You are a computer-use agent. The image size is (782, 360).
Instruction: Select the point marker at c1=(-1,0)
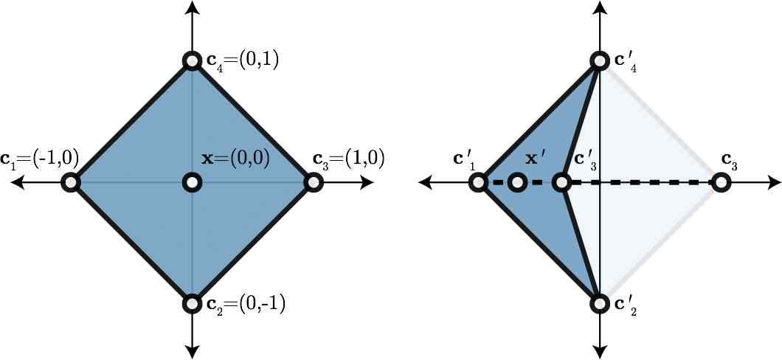pyautogui.click(x=71, y=181)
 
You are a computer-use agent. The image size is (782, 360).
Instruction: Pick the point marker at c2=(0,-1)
pyautogui.click(x=192, y=302)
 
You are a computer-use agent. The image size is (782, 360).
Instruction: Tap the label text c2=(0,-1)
pyautogui.click(x=246, y=302)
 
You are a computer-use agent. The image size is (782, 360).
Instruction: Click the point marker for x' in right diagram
pyautogui.click(x=518, y=181)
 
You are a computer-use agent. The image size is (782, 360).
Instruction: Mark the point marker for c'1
pyautogui.click(x=479, y=181)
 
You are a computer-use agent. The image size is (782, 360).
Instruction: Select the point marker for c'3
pyautogui.click(x=562, y=181)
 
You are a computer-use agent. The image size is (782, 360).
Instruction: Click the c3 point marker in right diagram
pyautogui.click(x=721, y=181)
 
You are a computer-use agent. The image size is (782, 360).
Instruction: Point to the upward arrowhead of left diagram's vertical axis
pyautogui.click(x=192, y=7)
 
